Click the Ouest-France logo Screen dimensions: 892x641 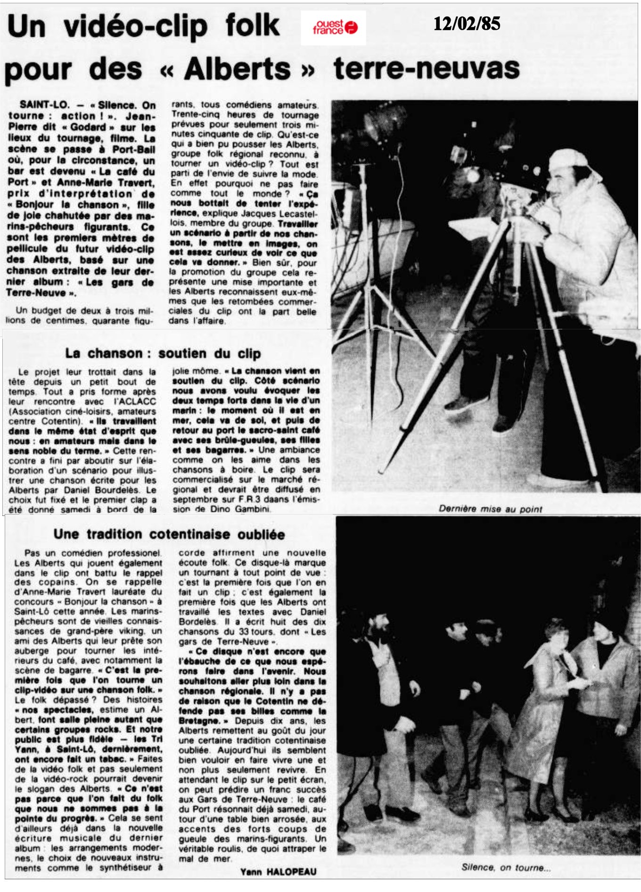[x=334, y=28]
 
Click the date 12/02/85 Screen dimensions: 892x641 [x=467, y=24]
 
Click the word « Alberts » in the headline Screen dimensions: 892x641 [x=238, y=69]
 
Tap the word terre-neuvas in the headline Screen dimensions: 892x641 [x=426, y=68]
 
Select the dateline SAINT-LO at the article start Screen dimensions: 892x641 [x=44, y=105]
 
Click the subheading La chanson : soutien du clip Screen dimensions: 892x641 [x=163, y=353]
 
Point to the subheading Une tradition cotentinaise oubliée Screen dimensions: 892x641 [x=169, y=534]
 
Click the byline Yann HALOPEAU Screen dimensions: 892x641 [x=278, y=872]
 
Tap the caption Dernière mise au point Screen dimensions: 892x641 [x=490, y=509]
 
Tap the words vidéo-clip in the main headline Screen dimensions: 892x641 [x=136, y=27]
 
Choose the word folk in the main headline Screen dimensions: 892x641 [x=253, y=26]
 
